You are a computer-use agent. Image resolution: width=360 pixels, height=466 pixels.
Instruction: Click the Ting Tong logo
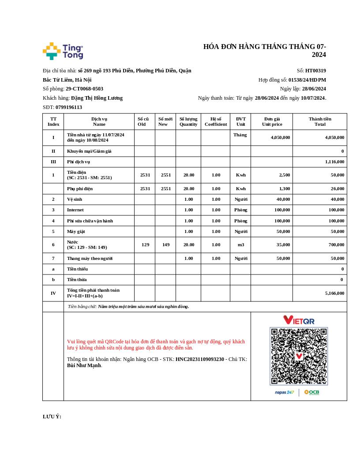63,51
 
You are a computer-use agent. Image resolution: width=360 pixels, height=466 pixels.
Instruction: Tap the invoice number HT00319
315,71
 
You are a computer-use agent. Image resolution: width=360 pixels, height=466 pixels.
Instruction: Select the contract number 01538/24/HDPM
307,80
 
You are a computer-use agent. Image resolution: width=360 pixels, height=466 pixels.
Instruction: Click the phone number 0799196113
69,107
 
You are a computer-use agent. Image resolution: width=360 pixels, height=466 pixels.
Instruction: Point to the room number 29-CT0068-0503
84,89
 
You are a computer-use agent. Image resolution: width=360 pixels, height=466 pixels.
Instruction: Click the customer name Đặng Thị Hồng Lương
97,98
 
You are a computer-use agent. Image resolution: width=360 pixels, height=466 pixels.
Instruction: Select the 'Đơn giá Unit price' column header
272,121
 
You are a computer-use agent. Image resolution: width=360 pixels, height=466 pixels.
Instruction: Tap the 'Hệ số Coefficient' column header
216,121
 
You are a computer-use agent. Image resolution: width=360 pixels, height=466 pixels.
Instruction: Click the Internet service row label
75,210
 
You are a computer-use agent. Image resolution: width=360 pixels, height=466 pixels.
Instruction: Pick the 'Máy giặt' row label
76,232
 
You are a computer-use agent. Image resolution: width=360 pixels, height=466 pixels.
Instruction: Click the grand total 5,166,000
334,293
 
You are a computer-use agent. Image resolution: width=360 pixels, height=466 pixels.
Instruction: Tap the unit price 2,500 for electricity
285,175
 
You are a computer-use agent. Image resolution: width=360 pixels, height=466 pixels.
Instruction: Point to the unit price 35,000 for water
283,245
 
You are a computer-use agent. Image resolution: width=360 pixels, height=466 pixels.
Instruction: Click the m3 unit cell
241,245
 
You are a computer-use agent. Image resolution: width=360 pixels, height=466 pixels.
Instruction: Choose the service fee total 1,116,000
334,162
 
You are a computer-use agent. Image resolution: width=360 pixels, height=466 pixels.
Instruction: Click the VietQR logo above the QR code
299,320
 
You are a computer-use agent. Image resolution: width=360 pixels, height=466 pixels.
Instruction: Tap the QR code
299,356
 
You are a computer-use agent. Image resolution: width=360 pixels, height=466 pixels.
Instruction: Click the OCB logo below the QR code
311,392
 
